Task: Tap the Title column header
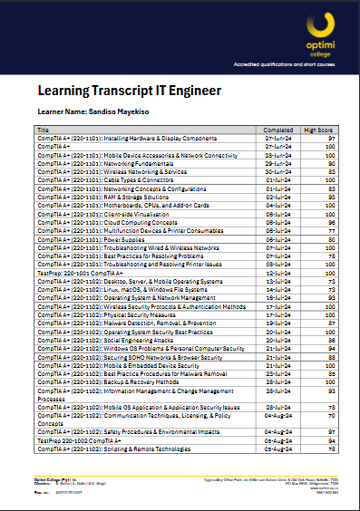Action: pyautogui.click(x=44, y=130)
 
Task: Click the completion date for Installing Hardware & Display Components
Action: pyautogui.click(x=276, y=139)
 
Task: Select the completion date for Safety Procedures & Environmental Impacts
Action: pyautogui.click(x=276, y=432)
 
